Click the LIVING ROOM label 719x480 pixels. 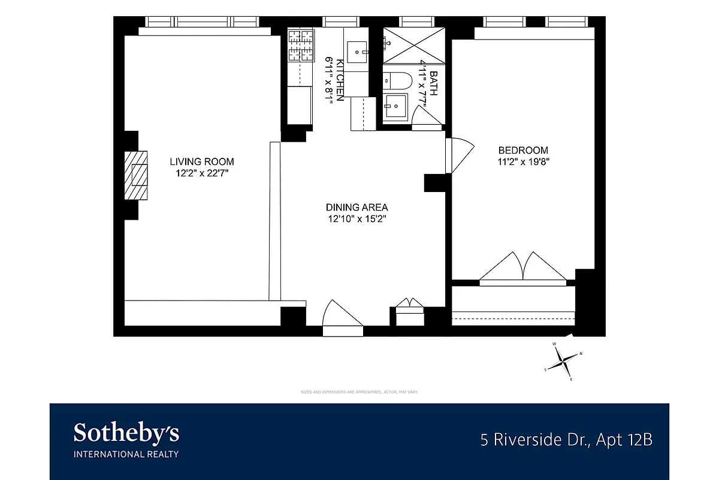coord(202,161)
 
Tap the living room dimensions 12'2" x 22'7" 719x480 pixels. coord(202,173)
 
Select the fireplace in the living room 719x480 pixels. coord(137,175)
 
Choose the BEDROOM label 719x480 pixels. coord(523,150)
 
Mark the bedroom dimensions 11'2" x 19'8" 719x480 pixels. coord(523,161)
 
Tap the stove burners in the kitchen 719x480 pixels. coord(301,46)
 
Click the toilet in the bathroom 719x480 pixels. coord(398,80)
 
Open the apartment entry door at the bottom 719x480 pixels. coord(343,316)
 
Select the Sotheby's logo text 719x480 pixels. coord(126,433)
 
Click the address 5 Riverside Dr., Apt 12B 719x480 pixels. coord(566,440)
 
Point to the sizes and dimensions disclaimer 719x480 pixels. coord(359,392)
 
